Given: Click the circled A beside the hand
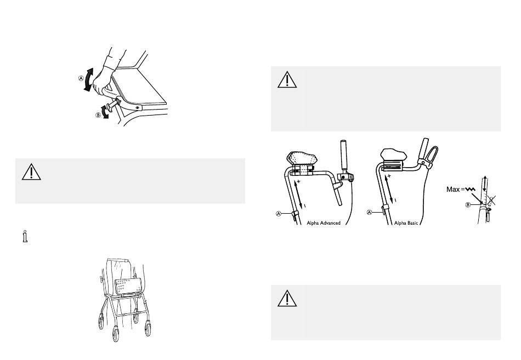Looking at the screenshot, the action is pyautogui.click(x=81, y=78).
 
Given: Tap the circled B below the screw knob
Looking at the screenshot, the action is pyautogui.click(x=98, y=115).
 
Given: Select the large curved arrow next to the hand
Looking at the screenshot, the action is pyautogui.click(x=89, y=79).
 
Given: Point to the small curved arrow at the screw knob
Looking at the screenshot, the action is pyautogui.click(x=105, y=111).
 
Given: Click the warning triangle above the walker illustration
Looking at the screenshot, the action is pyautogui.click(x=31, y=172).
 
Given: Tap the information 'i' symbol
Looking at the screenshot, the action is pyautogui.click(x=25, y=236).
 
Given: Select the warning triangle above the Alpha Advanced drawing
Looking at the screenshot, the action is pyautogui.click(x=287, y=80).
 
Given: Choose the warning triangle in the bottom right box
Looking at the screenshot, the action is pyautogui.click(x=287, y=298).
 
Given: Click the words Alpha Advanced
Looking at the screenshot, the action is pyautogui.click(x=324, y=223).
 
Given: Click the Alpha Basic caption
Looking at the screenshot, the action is pyautogui.click(x=406, y=223).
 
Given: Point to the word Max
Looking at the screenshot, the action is pyautogui.click(x=453, y=189).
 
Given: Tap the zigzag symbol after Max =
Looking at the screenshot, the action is pyautogui.click(x=470, y=189).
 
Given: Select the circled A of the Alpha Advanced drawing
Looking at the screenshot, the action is pyautogui.click(x=279, y=213).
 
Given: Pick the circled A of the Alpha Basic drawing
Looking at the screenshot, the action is pyautogui.click(x=369, y=212).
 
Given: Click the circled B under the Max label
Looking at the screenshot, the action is pyautogui.click(x=468, y=204).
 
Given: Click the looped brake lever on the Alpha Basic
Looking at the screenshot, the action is pyautogui.click(x=431, y=157).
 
